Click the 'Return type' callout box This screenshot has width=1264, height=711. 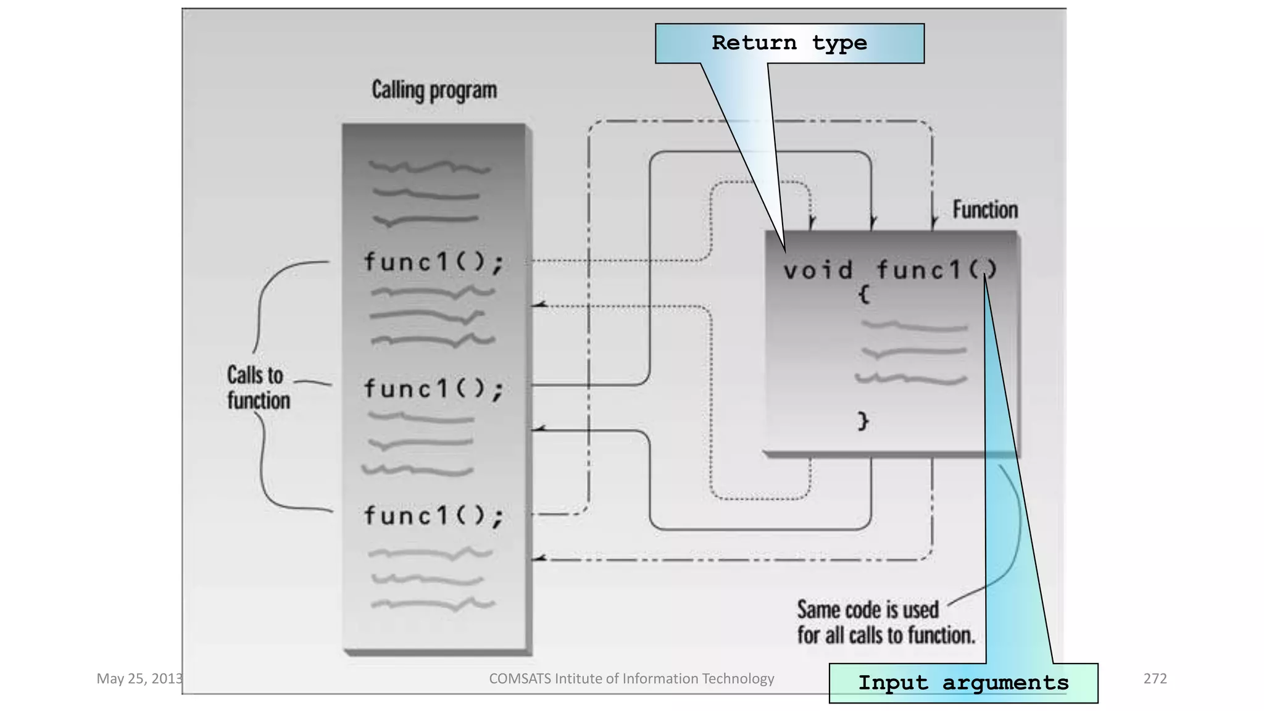[789, 43]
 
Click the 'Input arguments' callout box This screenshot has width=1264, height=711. [963, 683]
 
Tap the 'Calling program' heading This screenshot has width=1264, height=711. [434, 90]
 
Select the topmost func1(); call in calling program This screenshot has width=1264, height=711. [433, 262]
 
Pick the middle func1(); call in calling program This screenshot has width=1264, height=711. [433, 389]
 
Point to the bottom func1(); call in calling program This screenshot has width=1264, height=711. [433, 515]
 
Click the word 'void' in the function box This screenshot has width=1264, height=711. [818, 270]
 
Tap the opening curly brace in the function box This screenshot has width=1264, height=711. [864, 294]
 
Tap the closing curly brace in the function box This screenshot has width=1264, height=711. [863, 421]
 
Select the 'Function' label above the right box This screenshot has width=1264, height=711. [985, 210]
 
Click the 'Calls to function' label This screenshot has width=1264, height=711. [258, 388]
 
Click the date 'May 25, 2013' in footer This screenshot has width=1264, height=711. [139, 679]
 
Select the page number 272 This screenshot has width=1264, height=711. [1155, 679]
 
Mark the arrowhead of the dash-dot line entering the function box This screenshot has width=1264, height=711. [934, 223]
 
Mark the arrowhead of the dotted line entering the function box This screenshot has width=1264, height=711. [812, 222]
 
